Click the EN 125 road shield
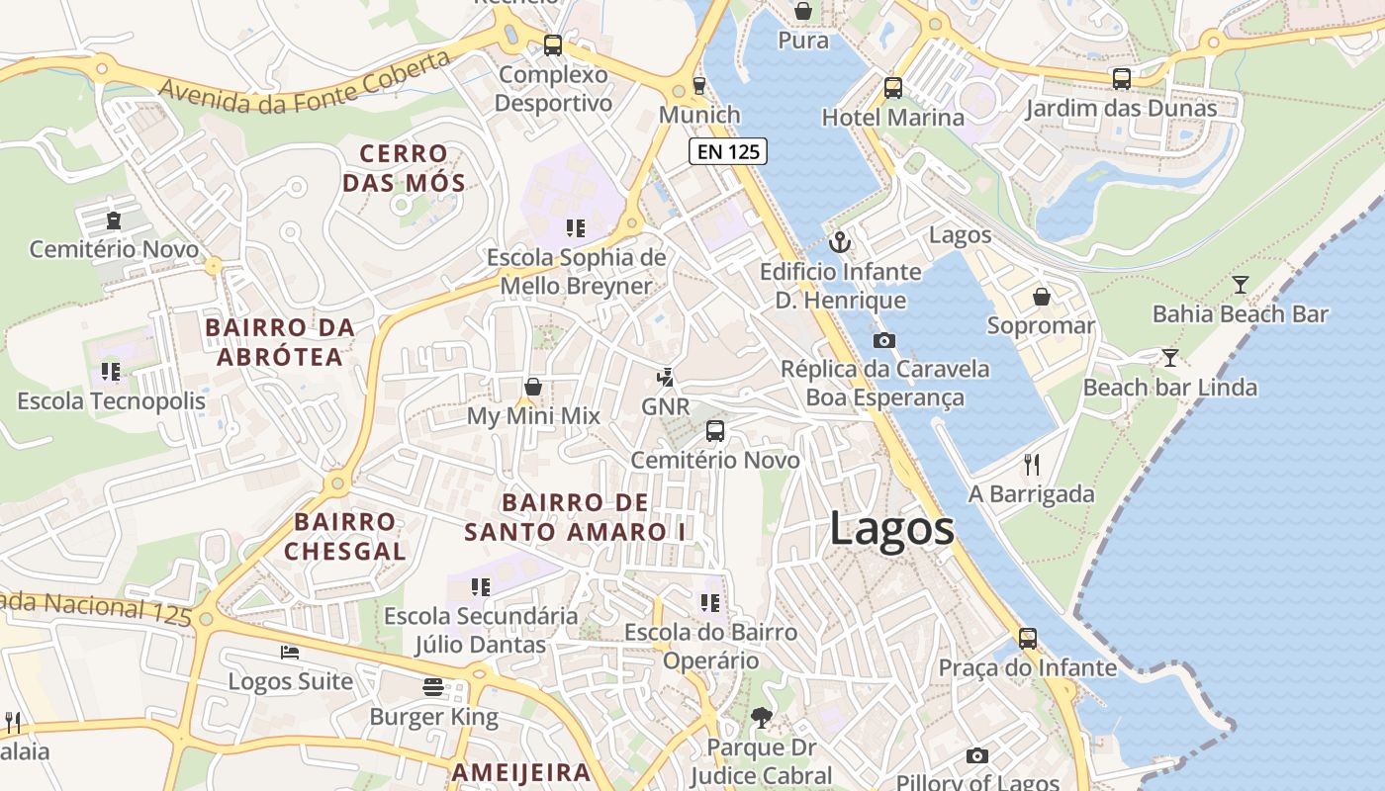(x=728, y=151)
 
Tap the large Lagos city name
(x=891, y=529)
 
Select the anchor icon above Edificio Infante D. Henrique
(x=840, y=241)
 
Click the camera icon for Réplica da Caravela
(x=883, y=340)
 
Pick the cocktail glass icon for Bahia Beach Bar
(x=1240, y=285)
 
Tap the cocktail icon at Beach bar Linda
(x=1170, y=357)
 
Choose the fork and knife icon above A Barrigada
(x=1032, y=464)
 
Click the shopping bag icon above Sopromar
(x=1041, y=297)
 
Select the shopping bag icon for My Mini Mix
(x=533, y=387)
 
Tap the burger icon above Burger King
(x=433, y=686)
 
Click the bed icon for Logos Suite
(x=290, y=653)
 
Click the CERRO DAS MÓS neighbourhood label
(x=404, y=168)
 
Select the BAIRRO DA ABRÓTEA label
(x=279, y=341)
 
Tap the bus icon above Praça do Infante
(x=1028, y=639)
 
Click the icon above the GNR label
(x=666, y=377)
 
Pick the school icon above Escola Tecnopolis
(x=111, y=372)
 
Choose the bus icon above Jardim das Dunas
(x=1121, y=79)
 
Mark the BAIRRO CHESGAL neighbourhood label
(x=345, y=536)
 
